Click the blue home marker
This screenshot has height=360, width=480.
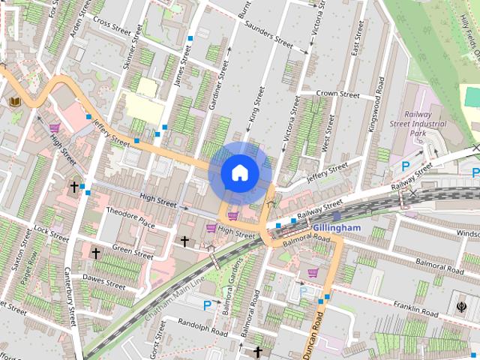(239, 173)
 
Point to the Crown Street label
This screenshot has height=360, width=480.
(337, 94)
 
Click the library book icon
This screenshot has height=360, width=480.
(15, 101)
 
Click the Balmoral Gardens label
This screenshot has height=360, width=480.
(228, 292)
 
